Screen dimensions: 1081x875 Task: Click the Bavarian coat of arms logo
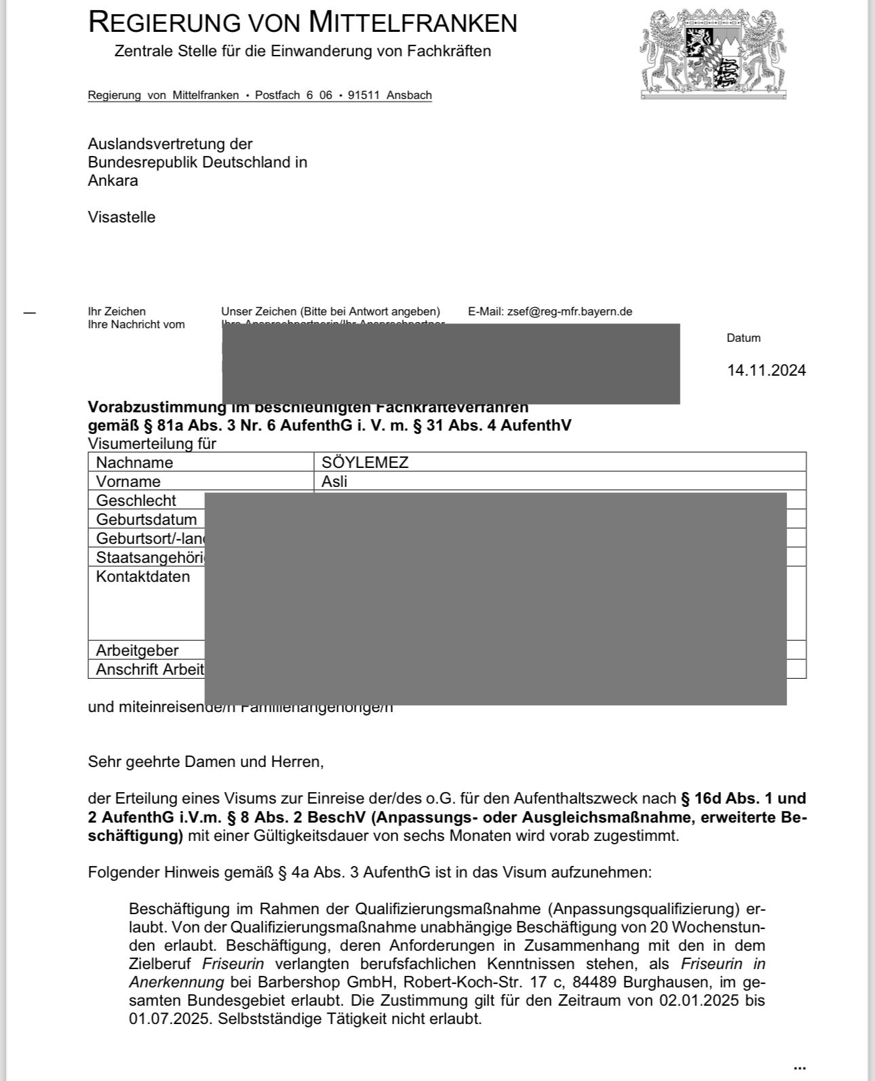(x=712, y=54)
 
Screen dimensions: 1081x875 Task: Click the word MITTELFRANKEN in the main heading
(x=412, y=22)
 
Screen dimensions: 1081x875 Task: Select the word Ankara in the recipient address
(x=113, y=180)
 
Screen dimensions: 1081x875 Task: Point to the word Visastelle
(x=121, y=217)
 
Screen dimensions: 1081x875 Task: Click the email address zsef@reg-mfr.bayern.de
(x=569, y=311)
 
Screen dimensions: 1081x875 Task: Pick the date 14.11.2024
(x=766, y=370)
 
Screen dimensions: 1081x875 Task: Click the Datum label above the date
(x=743, y=338)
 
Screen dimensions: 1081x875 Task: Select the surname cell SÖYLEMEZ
(x=365, y=463)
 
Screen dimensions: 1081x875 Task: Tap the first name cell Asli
(x=334, y=481)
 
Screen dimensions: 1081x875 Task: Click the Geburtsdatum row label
(x=146, y=519)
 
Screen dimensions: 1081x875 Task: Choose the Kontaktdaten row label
(x=142, y=576)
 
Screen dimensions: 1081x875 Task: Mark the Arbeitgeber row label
(x=137, y=650)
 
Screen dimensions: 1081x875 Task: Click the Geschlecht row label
(x=136, y=500)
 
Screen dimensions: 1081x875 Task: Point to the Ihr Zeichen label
(x=117, y=311)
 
